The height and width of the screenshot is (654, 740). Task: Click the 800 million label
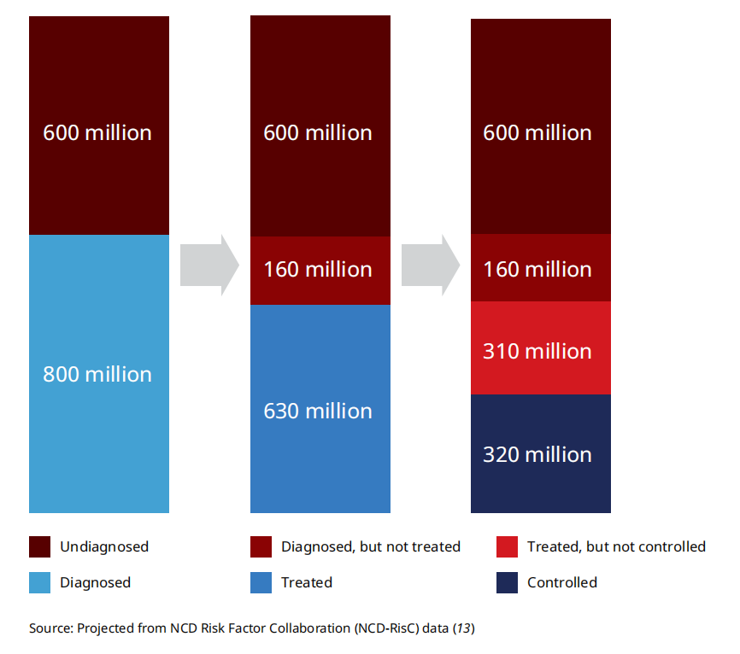[97, 375]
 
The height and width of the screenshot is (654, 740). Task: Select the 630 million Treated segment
[320, 409]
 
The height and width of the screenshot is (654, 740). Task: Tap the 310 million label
[537, 351]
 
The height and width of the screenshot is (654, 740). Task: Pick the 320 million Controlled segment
[541, 453]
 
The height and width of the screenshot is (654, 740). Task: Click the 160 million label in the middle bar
[318, 269]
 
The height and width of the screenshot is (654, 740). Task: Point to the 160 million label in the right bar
[537, 269]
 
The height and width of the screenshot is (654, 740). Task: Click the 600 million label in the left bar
[97, 133]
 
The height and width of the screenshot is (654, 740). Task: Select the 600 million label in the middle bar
[318, 133]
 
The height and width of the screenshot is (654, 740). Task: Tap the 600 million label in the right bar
[537, 133]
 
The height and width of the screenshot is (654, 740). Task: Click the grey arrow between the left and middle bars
[209, 265]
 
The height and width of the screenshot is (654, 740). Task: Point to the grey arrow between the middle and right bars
[431, 265]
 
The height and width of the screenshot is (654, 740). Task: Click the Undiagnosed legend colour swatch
[39, 546]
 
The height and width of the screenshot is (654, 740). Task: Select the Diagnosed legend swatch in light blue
[39, 582]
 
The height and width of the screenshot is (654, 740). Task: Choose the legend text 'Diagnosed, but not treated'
[371, 546]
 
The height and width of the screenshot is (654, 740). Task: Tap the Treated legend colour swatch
[261, 582]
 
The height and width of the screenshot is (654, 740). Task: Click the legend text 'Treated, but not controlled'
[616, 546]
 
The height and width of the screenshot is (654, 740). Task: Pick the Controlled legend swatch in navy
[507, 582]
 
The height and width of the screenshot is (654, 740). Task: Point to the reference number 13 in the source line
[464, 628]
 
